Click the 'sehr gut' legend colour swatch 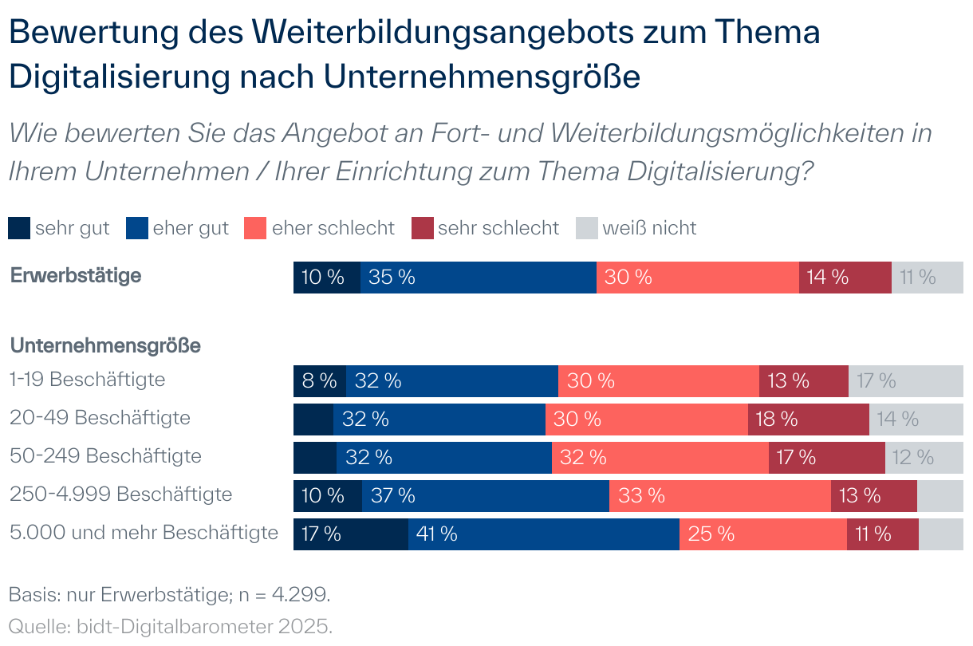click(x=20, y=228)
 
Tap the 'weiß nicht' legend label click(x=649, y=228)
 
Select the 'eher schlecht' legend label click(x=333, y=228)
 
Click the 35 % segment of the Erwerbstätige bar click(x=478, y=277)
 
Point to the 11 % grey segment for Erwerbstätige click(x=927, y=277)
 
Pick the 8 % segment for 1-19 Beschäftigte click(x=319, y=381)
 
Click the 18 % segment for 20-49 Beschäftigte click(x=808, y=419)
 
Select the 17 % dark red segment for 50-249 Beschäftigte click(x=826, y=457)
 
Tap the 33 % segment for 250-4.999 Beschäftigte click(x=719, y=495)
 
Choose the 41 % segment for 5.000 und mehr click(x=543, y=534)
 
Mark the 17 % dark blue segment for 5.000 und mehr click(x=350, y=534)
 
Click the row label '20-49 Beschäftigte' click(x=100, y=417)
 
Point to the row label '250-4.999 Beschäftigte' click(x=120, y=494)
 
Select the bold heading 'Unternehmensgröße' click(x=104, y=346)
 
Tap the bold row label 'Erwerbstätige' click(x=76, y=276)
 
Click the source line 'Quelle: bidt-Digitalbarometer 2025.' click(x=170, y=626)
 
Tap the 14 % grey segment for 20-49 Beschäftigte click(x=916, y=419)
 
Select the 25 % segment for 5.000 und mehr click(x=762, y=534)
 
